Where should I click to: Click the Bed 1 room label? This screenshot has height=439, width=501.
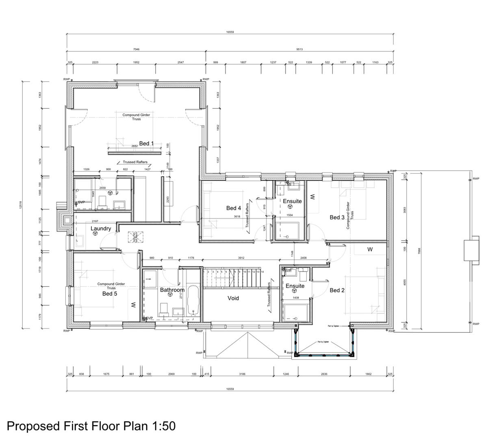point(147,143)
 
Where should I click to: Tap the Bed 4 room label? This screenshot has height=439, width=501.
point(234,208)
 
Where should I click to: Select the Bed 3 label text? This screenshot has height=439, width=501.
point(337,217)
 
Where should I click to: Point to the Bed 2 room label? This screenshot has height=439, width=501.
point(337,290)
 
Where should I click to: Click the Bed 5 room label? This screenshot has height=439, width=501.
point(110,293)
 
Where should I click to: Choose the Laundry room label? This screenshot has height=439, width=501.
point(101,228)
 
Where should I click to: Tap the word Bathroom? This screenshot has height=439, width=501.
point(172,290)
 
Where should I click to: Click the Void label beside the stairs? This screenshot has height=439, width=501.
point(233,298)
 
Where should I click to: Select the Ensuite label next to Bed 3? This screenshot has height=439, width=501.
point(292,201)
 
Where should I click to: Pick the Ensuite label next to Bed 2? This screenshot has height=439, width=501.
point(295,286)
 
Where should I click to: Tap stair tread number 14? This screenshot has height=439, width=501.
point(262,272)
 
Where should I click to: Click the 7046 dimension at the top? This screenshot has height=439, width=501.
point(136,49)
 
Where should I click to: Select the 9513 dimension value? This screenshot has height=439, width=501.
point(299,49)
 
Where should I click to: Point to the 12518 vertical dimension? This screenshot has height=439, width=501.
point(20,205)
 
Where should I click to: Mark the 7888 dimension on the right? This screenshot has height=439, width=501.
point(419,251)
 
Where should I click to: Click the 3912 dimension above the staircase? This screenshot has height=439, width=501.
point(241,258)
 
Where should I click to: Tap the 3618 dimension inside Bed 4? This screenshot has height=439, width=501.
point(236,217)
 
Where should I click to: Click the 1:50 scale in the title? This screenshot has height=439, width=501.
point(163,426)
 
